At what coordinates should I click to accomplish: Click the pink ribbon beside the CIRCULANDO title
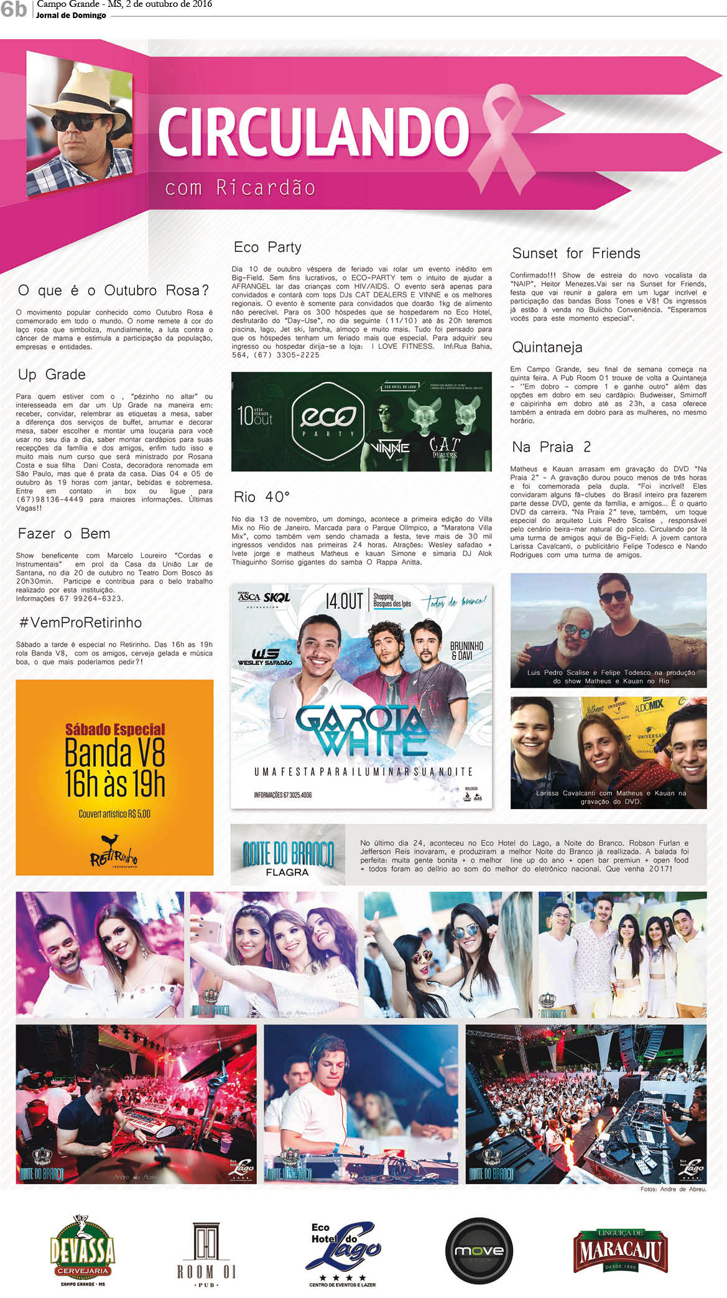507,134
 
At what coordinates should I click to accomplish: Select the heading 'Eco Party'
267,248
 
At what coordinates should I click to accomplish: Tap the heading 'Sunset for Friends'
576,254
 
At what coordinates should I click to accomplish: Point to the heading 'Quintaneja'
547,348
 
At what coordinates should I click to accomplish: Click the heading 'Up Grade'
52,375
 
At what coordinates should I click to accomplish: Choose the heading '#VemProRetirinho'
80,623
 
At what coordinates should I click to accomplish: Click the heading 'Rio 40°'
262,498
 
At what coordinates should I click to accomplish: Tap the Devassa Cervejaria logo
83,1251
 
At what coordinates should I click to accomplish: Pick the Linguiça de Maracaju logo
620,1251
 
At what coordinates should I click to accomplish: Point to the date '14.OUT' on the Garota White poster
344,601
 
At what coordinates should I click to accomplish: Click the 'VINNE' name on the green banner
390,448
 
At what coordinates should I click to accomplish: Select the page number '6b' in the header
14,9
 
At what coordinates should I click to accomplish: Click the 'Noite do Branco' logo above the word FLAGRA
288,854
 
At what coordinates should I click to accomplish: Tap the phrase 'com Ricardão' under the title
240,188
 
